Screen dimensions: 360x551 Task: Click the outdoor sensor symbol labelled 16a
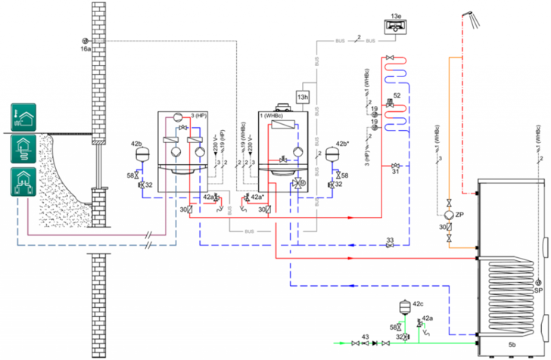85,40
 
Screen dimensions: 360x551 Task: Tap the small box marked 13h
303,97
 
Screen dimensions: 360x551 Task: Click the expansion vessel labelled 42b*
332,152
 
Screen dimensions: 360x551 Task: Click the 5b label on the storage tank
512,344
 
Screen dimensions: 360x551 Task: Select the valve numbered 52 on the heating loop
389,102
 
